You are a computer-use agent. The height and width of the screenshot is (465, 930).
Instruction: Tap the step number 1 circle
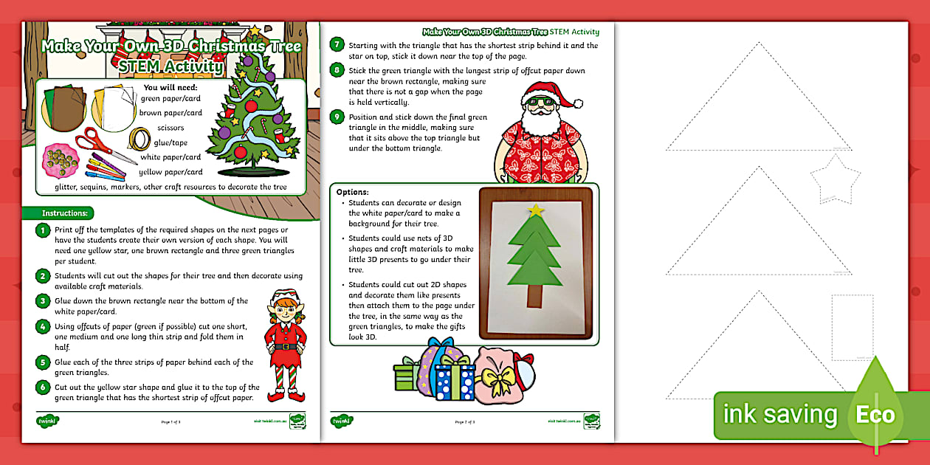pos(44,231)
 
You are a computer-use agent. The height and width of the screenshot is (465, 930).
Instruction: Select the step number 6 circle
pos(44,387)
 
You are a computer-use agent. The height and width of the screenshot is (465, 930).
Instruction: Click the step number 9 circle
pos(337,117)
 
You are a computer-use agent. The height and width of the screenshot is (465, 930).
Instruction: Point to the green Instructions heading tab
pos(66,213)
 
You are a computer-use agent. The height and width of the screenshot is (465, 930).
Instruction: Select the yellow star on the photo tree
pos(536,210)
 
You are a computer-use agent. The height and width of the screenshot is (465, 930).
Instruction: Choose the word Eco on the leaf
pos(875,414)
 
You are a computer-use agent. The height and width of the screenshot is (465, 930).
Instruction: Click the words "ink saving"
pos(779,415)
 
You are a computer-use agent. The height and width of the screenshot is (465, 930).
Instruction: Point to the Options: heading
pos(353,192)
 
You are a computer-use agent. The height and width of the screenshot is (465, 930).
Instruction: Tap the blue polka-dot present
pos(454,381)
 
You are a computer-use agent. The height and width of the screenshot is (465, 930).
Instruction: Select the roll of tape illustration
pos(139,139)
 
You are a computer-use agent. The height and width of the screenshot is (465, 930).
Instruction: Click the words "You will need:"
pos(170,88)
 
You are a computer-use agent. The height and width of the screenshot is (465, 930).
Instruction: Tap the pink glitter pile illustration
pos(61,160)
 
